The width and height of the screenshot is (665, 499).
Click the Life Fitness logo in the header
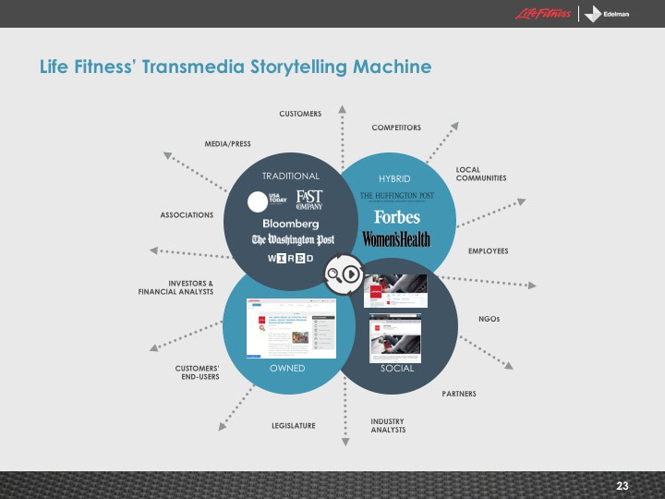coord(542,14)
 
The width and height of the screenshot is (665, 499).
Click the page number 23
coord(622,486)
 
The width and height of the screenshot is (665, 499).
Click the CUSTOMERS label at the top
coord(300,114)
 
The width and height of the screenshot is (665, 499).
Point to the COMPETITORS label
coord(396,127)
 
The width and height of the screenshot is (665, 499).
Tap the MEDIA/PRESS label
coord(227,144)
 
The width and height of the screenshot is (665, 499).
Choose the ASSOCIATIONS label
coord(187,215)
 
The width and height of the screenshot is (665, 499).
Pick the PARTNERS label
coord(459,394)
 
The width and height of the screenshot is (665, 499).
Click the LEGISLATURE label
coord(294,425)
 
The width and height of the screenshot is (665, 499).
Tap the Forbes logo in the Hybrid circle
coord(397,217)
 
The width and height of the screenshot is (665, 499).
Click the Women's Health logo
coord(396,239)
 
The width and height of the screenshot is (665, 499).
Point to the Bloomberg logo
coord(291,224)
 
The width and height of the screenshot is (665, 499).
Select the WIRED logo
coord(290,258)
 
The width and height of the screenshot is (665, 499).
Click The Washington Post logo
coord(293,240)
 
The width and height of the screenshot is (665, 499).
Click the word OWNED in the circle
coord(287,368)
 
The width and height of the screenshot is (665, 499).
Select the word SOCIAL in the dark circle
coord(397,368)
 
